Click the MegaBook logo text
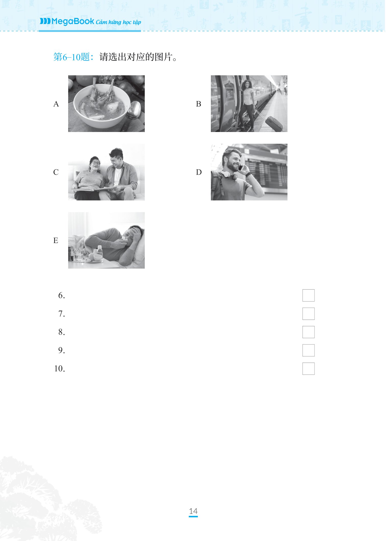[73, 21]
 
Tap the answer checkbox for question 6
[308, 295]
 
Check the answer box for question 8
[308, 332]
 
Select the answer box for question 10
[308, 369]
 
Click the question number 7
[61, 314]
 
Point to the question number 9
[61, 350]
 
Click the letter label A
[56, 104]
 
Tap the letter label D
[199, 172]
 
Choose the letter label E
[56, 241]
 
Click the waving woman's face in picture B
[247, 85]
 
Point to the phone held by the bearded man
[240, 167]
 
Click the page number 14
[193, 511]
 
